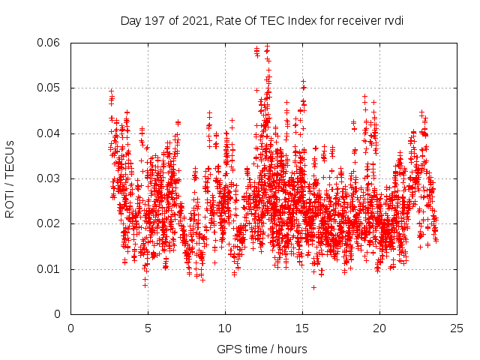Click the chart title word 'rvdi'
coord(393,20)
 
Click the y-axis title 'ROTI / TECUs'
coord(10,178)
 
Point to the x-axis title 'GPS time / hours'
coord(262,349)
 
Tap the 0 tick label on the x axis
coord(71,328)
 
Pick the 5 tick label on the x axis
coord(148,328)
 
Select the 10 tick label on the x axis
coord(225,328)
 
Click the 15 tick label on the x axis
coord(302,328)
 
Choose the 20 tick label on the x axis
coord(379,328)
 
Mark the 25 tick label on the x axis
coord(457,328)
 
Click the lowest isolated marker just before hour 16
coord(313,287)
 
